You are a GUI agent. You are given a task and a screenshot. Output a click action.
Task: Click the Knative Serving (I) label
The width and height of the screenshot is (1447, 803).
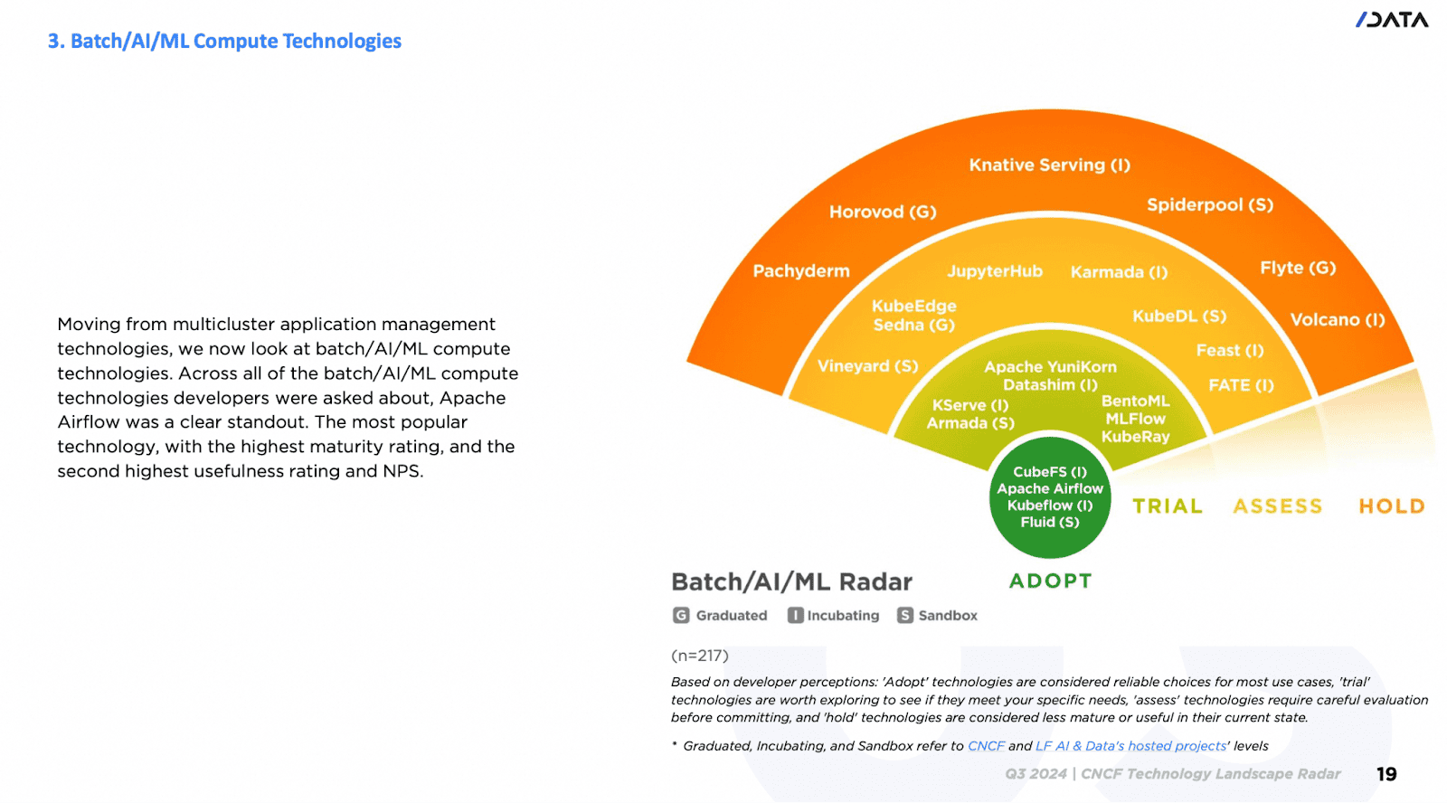[x=1049, y=165]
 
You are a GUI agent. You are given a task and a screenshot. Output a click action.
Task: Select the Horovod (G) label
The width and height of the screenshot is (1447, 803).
[x=883, y=213]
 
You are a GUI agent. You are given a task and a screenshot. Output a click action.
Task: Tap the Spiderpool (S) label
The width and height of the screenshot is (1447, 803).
[x=1209, y=205]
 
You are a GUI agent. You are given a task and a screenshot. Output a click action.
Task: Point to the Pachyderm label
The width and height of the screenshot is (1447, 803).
[x=801, y=271]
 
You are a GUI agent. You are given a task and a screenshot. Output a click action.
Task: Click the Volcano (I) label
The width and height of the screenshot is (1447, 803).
[x=1337, y=320]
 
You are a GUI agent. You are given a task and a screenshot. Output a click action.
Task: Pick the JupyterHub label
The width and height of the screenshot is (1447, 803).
[x=994, y=271]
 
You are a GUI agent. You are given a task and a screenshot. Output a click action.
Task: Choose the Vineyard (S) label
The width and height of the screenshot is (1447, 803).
[x=867, y=366]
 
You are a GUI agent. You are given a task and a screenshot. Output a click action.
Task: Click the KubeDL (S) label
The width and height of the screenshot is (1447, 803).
[x=1179, y=316]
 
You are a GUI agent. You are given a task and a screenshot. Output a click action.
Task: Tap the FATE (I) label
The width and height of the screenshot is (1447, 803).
[x=1241, y=385]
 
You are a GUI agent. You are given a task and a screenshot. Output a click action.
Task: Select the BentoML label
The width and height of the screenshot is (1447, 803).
[x=1135, y=401]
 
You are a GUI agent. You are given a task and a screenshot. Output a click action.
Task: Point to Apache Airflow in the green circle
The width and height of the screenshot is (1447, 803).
[x=1050, y=488]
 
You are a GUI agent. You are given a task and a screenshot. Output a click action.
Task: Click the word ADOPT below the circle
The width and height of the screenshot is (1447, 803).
[x=1050, y=581]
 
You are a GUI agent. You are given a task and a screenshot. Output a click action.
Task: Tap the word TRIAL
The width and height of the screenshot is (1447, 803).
[x=1168, y=506]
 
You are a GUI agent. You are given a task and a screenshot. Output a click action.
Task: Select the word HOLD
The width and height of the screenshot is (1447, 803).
[x=1391, y=506]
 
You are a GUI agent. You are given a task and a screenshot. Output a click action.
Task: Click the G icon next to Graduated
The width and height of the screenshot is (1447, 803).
[x=681, y=616]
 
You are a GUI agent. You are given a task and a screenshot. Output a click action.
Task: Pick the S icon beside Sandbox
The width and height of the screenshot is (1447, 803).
[x=904, y=616]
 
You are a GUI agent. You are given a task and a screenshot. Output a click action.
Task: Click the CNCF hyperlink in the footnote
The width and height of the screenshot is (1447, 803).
[x=986, y=746]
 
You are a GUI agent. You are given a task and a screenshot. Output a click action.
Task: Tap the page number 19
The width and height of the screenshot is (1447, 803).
[x=1386, y=774]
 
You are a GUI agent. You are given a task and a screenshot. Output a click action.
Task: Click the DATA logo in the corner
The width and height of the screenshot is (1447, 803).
[x=1392, y=20]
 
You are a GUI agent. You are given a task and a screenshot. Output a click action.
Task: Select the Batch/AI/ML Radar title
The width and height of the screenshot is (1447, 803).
[x=791, y=581]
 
